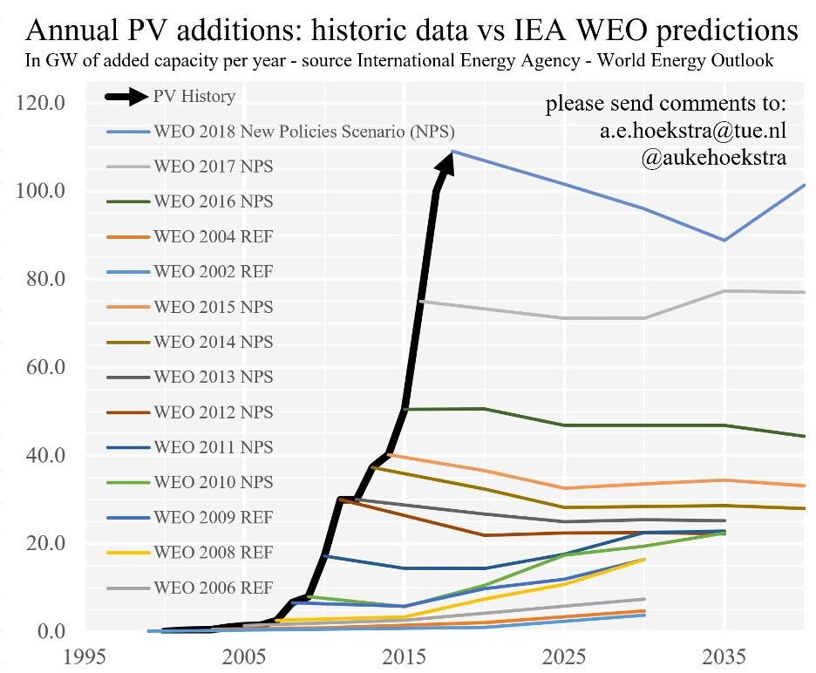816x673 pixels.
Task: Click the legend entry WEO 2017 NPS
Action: point(213,166)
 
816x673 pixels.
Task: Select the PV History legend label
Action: point(194,96)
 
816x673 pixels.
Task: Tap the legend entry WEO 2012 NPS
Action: point(213,412)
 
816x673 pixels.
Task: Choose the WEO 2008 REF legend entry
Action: point(213,553)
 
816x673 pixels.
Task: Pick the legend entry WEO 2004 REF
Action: point(213,236)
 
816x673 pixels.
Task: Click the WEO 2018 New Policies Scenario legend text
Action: point(303,132)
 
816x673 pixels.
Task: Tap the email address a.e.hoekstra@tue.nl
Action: point(687,131)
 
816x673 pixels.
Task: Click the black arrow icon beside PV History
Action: point(127,96)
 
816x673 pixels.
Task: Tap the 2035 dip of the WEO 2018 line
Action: point(724,240)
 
